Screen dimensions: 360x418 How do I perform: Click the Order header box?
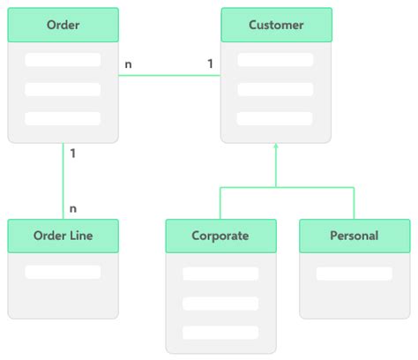(63, 25)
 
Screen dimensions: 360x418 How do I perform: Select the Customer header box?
(276, 25)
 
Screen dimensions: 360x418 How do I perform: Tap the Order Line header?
(63, 236)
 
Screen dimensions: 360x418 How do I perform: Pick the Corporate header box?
(220, 236)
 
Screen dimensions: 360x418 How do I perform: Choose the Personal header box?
(354, 236)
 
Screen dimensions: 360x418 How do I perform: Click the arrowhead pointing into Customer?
(276, 147)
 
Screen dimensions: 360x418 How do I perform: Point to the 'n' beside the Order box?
(129, 64)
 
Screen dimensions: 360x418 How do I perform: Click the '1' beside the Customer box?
(210, 64)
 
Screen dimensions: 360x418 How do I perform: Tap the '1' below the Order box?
(72, 154)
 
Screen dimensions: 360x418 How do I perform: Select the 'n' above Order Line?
(73, 208)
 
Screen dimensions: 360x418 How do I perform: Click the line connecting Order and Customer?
(169, 75)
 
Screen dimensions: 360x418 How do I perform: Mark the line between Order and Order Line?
(63, 181)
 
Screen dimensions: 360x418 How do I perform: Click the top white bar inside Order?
(63, 60)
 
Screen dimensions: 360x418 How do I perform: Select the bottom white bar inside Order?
(63, 118)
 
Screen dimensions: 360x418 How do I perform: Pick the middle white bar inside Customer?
(275, 89)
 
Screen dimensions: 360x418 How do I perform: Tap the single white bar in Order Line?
(63, 272)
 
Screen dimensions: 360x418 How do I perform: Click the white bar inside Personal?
(354, 274)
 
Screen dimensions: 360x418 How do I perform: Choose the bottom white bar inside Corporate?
(220, 333)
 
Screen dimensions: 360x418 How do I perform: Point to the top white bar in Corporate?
(220, 274)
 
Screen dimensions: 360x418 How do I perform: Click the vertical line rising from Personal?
(354, 203)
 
